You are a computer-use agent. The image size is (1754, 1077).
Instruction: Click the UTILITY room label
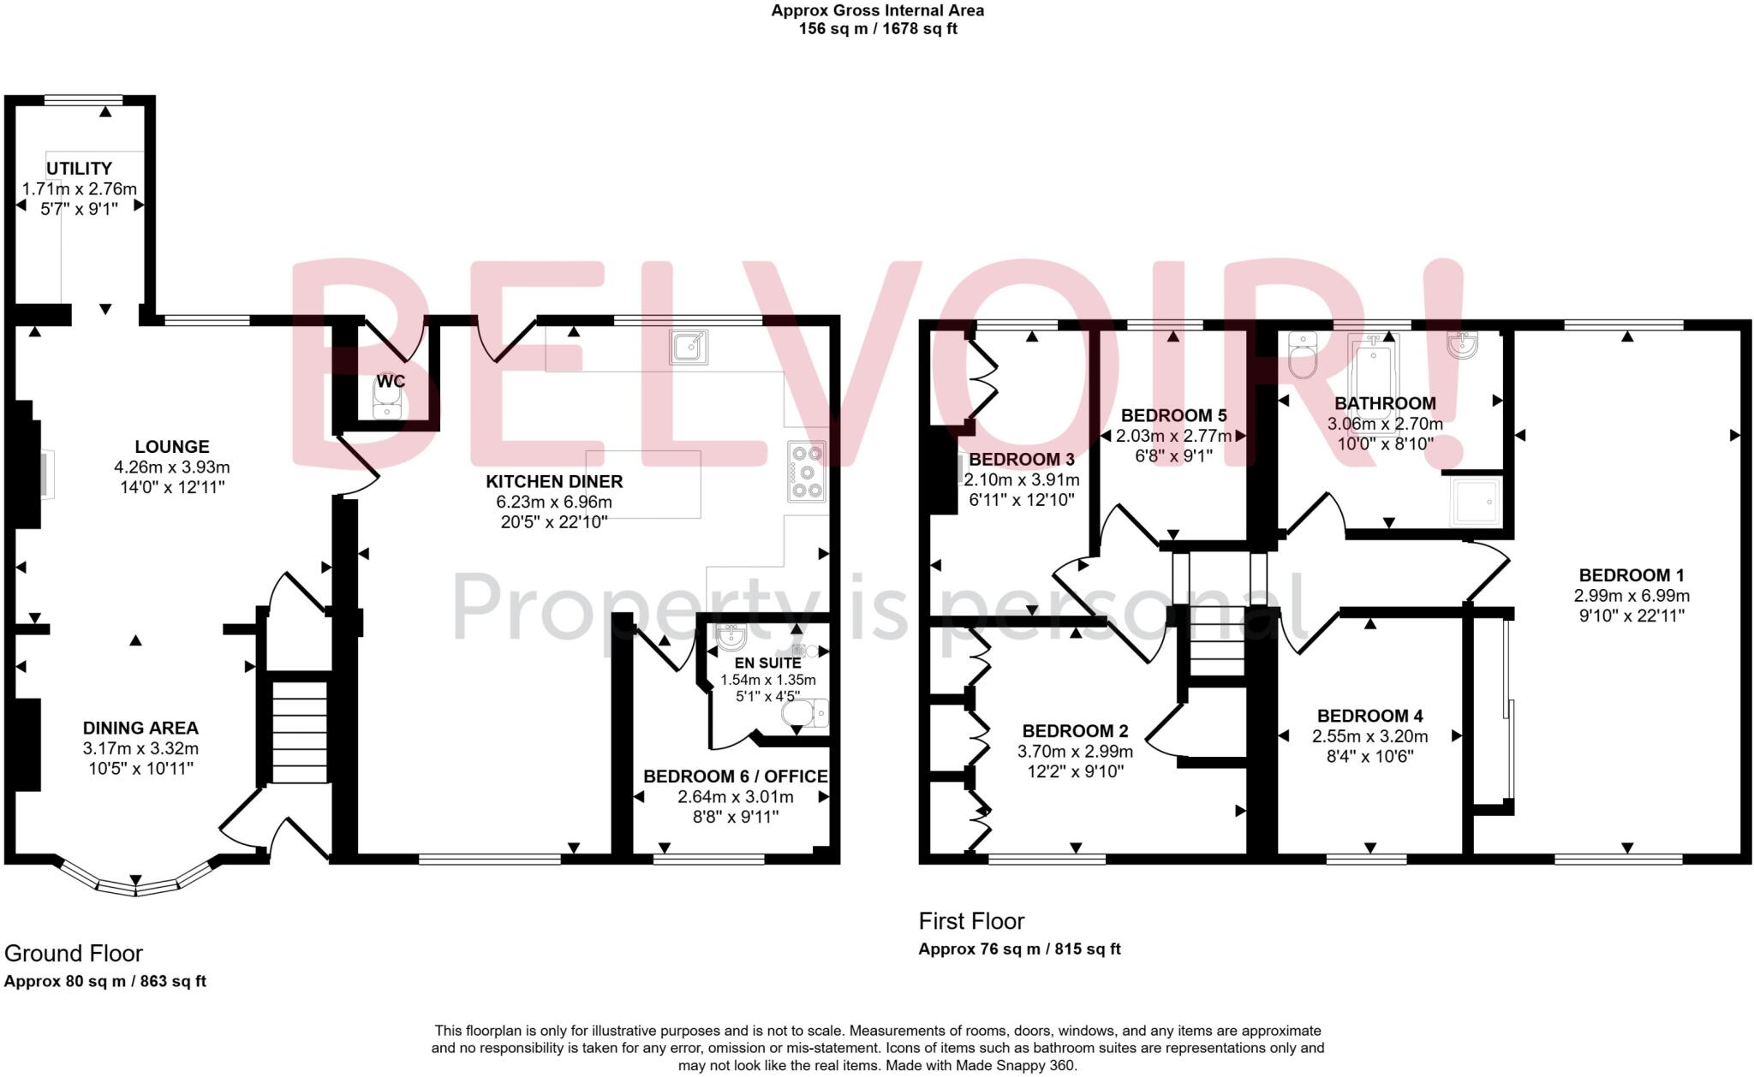point(79,169)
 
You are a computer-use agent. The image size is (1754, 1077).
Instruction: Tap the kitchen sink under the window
point(688,347)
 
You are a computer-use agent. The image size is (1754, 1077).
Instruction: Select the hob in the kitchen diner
point(807,471)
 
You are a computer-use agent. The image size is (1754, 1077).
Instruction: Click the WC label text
point(391,382)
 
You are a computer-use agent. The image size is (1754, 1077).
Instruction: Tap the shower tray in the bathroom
point(1476,501)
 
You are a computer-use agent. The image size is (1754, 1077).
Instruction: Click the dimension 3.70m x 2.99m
point(1075,752)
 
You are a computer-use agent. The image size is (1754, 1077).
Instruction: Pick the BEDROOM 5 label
point(1173,416)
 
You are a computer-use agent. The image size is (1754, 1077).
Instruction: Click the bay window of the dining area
point(135,882)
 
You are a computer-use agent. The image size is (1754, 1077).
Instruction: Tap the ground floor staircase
point(300,732)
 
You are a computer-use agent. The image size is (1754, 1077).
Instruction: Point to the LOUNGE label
point(172,447)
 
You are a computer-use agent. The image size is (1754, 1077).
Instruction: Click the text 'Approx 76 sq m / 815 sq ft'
point(1019,949)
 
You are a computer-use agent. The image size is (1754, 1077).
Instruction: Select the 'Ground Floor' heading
point(74,953)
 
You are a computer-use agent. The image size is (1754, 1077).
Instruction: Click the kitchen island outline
point(643,484)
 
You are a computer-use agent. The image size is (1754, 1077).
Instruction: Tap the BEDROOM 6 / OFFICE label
point(735,777)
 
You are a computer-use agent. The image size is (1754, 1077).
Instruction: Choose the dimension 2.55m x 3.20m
point(1369,736)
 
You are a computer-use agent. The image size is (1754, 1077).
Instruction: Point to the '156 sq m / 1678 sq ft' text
point(877,29)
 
